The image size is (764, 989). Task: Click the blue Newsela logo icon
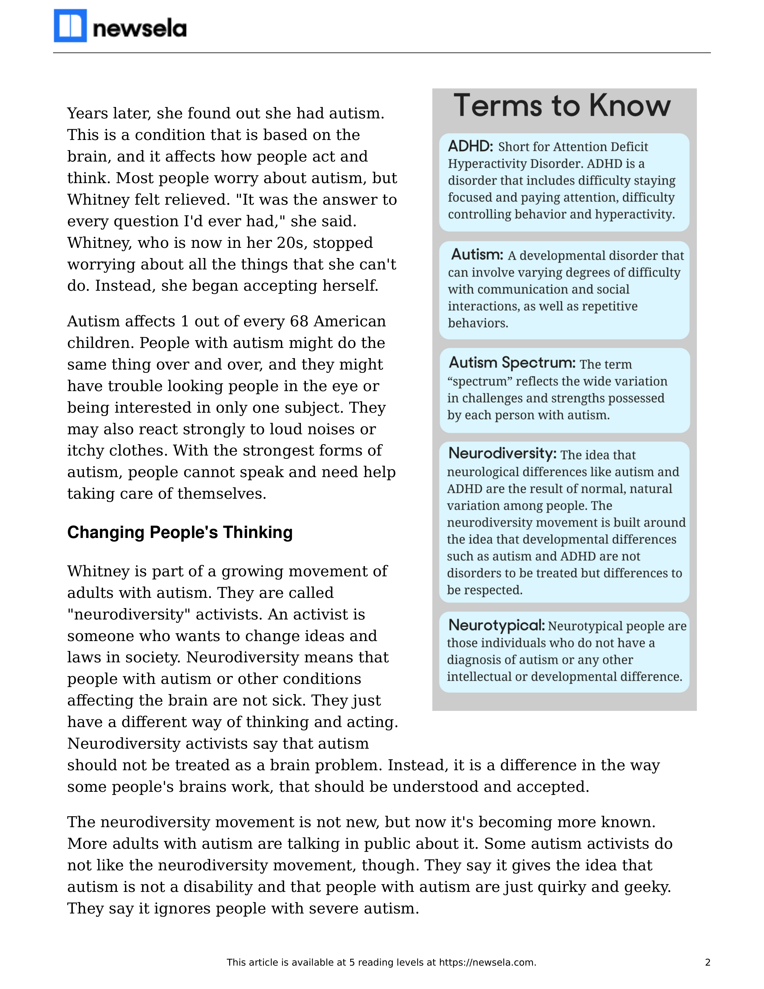(70, 26)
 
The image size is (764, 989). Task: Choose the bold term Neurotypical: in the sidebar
(496, 625)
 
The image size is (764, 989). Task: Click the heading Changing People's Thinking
(180, 533)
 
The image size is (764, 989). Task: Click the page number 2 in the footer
(707, 962)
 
